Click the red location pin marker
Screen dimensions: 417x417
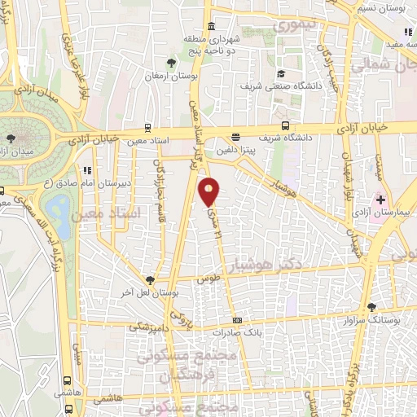point(209,191)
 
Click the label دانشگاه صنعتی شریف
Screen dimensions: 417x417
point(282,85)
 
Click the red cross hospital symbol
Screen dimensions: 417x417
point(380,200)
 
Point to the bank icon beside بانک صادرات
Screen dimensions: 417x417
point(237,320)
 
